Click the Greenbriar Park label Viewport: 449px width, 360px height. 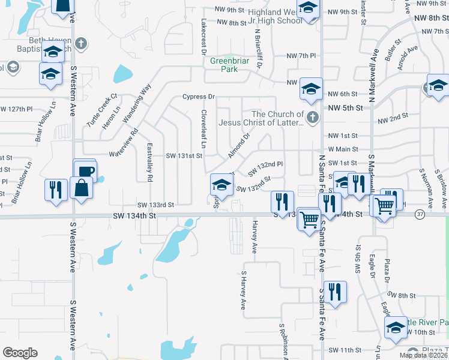point(224,65)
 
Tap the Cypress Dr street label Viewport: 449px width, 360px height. point(199,97)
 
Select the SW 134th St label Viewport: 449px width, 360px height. point(134,215)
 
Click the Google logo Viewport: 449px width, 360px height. point(20,353)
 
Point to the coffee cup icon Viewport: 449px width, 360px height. point(85,170)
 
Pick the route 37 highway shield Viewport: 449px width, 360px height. point(420,215)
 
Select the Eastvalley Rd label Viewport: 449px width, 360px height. point(149,161)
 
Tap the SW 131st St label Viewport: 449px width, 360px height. point(184,156)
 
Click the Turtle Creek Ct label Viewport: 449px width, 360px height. point(101,110)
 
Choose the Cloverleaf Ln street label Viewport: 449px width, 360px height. point(204,128)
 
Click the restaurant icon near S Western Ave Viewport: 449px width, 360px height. point(55,190)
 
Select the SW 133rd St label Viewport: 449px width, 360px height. point(155,205)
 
